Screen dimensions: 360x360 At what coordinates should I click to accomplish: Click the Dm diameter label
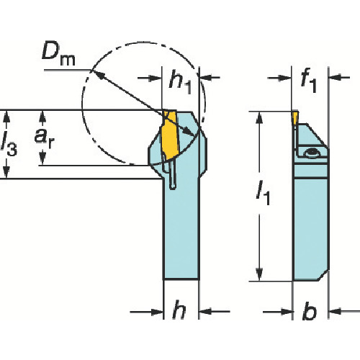click(58, 55)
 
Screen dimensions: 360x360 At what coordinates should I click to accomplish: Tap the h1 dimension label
click(181, 82)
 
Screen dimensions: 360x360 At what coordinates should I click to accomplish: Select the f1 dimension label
click(309, 81)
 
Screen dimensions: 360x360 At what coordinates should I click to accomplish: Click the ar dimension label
click(44, 138)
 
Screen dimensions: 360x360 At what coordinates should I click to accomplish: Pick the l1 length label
click(263, 192)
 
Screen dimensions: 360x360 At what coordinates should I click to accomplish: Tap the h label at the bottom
click(179, 310)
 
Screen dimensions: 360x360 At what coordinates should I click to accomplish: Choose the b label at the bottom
click(310, 310)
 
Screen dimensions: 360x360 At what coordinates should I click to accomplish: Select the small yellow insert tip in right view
click(295, 118)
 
